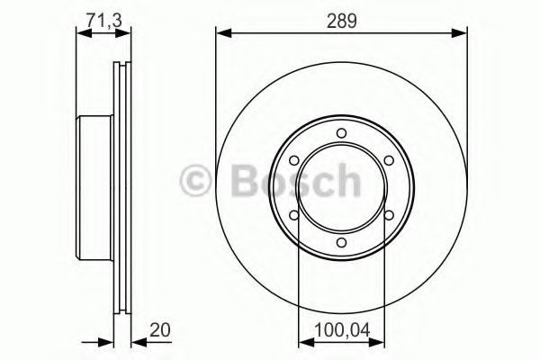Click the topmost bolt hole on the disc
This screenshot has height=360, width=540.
point(341,134)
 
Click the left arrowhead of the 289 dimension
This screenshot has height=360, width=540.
point(221,33)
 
